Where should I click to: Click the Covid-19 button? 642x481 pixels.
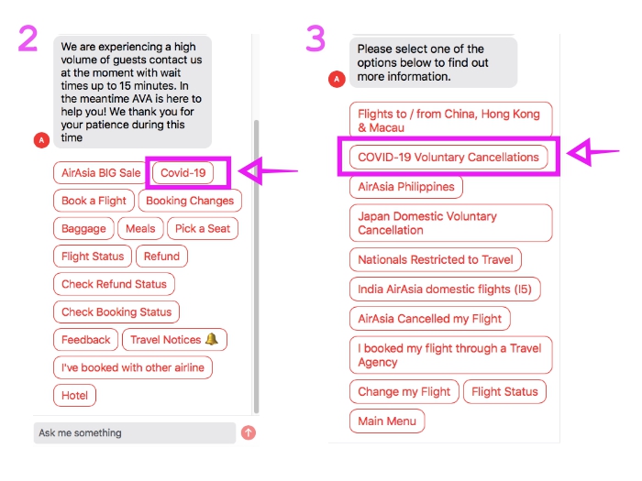(183, 172)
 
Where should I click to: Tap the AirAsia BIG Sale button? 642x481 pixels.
(101, 172)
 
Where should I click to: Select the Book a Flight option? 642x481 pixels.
(94, 201)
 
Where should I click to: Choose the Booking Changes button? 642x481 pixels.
(190, 201)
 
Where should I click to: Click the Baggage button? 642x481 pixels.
(83, 228)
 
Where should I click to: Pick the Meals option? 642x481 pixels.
(140, 228)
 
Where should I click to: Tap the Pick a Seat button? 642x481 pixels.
(204, 228)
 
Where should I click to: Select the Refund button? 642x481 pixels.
(161, 257)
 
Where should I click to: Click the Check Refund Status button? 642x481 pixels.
(114, 284)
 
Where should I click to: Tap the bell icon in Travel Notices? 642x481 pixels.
(212, 339)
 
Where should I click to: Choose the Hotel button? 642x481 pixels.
(74, 396)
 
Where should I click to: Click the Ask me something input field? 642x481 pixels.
(134, 432)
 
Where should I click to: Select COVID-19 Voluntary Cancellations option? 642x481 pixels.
(448, 157)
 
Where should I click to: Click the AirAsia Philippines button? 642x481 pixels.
(406, 186)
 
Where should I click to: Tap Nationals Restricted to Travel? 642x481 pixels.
(436, 259)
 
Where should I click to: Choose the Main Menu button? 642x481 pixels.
(386, 421)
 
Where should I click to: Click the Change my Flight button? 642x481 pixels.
(404, 391)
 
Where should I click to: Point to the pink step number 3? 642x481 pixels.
(315, 38)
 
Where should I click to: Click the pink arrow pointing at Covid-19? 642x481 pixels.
(270, 170)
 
